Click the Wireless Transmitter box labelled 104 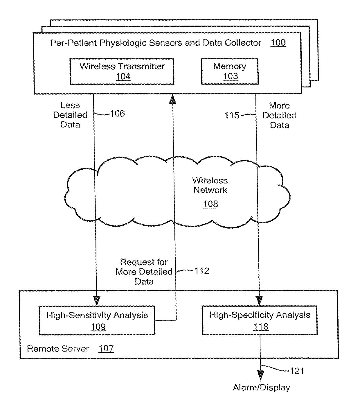tap(122, 71)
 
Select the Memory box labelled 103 tap(230, 71)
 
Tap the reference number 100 tap(278, 43)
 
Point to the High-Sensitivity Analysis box tap(97, 320)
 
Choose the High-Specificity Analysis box tap(260, 320)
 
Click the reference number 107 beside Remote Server tap(106, 348)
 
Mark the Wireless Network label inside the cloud tap(210, 185)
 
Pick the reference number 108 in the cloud tap(210, 204)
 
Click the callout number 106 tap(118, 114)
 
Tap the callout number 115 tap(232, 115)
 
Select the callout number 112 tap(202, 271)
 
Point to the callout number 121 tap(297, 371)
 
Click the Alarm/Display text tap(261, 388)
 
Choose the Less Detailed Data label tap(70, 115)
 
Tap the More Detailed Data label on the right tap(279, 115)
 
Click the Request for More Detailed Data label tap(144, 272)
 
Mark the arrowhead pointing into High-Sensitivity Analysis tap(97, 300)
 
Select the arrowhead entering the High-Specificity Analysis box tap(260, 300)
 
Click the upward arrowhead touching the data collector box tap(173, 99)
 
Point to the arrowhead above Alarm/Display tap(261, 375)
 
